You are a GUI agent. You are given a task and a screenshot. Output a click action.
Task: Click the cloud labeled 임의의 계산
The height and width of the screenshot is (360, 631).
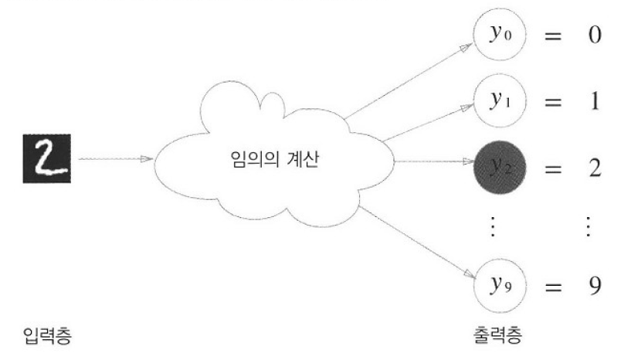coord(274,162)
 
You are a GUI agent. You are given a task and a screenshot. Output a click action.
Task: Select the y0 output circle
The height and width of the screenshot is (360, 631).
coord(497,36)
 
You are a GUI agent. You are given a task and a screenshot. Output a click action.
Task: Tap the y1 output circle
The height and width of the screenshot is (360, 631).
coord(497,100)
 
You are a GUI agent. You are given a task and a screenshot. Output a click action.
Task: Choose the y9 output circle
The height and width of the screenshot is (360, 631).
coord(497,284)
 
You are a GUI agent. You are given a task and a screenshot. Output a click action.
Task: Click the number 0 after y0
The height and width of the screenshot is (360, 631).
coord(594,36)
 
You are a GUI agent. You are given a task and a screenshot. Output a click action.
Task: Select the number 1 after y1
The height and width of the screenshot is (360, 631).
coord(594,101)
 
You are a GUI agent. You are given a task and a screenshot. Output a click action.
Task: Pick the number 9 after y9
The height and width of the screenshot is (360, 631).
coord(594,285)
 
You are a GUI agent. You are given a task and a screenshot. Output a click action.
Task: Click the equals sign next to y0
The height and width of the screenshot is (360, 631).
coord(553,37)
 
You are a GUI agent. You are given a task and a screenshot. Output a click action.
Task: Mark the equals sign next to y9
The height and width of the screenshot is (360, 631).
coord(553,286)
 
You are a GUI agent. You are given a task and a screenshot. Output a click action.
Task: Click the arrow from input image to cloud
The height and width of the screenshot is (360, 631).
coord(116,161)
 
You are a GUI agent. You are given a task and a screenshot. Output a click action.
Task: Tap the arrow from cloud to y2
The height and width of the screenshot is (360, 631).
coord(433,163)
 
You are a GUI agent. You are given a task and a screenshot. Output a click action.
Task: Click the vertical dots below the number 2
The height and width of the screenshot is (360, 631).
coord(588,227)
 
